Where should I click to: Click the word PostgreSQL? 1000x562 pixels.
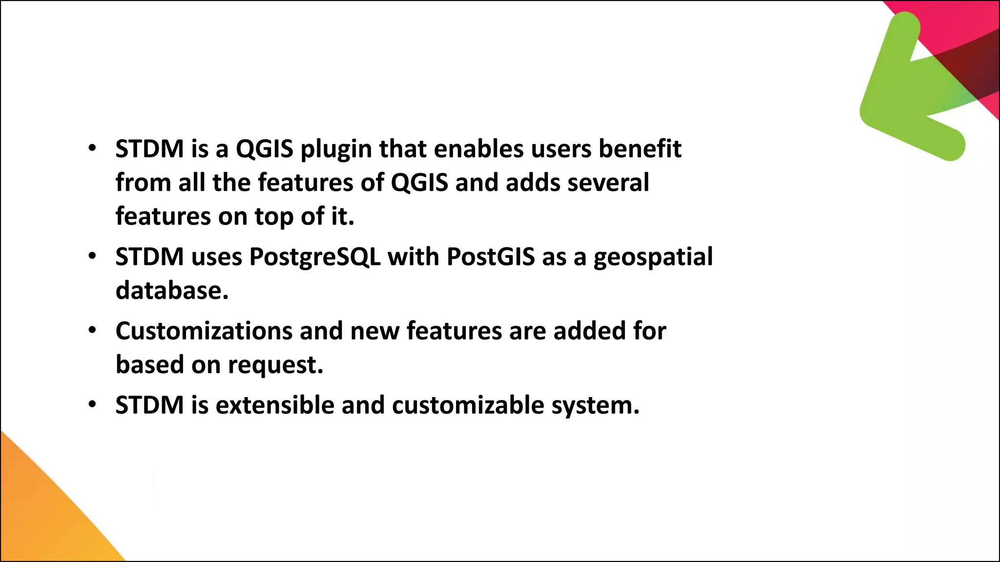(315, 257)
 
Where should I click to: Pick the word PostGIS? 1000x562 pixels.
(490, 257)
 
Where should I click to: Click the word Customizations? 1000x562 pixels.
(204, 331)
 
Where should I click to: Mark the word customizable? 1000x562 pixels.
(468, 405)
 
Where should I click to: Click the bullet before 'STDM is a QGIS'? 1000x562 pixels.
(92, 148)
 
